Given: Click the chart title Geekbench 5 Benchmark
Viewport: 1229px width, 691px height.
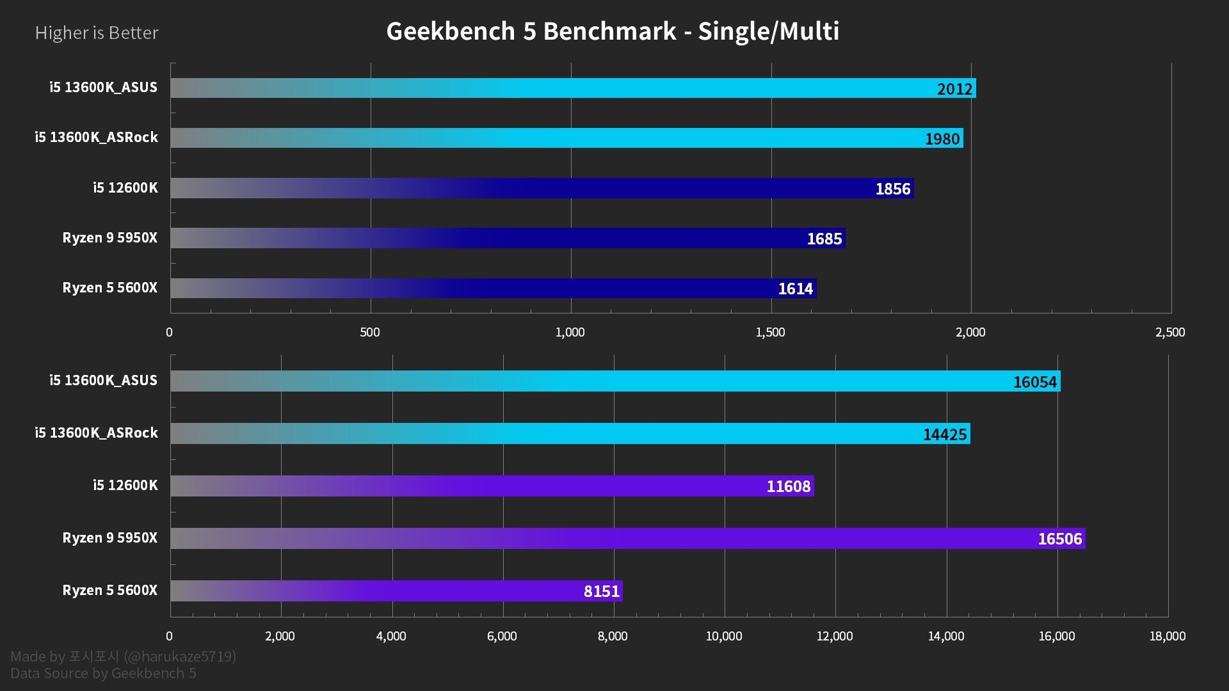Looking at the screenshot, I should (x=613, y=31).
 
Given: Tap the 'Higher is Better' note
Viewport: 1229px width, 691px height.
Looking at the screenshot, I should (x=97, y=33).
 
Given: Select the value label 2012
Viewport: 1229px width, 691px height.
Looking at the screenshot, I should (x=954, y=89).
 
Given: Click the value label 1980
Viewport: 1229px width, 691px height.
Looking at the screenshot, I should (x=942, y=139).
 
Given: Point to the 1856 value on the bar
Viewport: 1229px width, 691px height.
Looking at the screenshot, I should (x=892, y=189).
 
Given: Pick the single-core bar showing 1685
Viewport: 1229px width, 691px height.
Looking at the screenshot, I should (x=508, y=238).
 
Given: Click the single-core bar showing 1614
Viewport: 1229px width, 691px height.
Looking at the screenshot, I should (x=493, y=288).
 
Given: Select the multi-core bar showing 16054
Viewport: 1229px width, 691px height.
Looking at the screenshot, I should (x=614, y=381).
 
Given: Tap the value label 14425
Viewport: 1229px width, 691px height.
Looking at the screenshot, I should (x=944, y=434).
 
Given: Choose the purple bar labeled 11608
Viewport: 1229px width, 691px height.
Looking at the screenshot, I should (x=492, y=486).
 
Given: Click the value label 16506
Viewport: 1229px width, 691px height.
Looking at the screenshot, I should (x=1059, y=539).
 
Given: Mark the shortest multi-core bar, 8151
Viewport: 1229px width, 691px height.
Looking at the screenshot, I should (x=396, y=591).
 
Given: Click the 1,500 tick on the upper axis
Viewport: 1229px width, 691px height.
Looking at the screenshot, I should (x=770, y=332).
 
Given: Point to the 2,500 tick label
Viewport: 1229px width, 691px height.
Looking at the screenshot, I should (x=1170, y=332).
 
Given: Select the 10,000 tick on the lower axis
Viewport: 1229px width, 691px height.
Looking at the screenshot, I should (x=724, y=636).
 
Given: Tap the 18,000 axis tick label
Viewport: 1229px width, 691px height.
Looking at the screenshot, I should (x=1168, y=636).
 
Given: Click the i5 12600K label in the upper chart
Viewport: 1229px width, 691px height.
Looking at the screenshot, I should (x=125, y=187).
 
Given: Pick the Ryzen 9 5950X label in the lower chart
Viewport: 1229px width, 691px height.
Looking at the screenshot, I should (x=109, y=537).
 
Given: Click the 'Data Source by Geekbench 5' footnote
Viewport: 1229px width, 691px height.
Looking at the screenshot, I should (x=103, y=673).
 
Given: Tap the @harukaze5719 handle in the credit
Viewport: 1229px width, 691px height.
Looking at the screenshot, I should (x=180, y=656).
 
